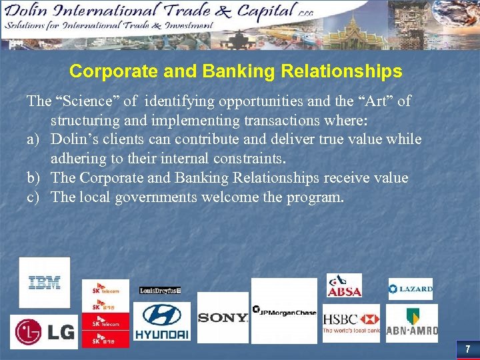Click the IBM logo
pyautogui.click(x=44, y=283)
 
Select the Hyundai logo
pyautogui.click(x=161, y=321)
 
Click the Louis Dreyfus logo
pyautogui.click(x=160, y=291)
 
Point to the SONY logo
pyautogui.click(x=223, y=318)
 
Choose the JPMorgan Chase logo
pyautogui.click(x=284, y=311)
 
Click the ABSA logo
pyautogui.click(x=344, y=285)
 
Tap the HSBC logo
pyautogui.click(x=351, y=323)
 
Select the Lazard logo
pyautogui.click(x=411, y=289)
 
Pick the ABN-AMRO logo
pyautogui.click(x=412, y=323)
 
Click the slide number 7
pyautogui.click(x=467, y=349)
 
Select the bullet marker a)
pyautogui.click(x=33, y=139)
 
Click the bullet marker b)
pyautogui.click(x=33, y=178)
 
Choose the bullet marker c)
pyautogui.click(x=33, y=197)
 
